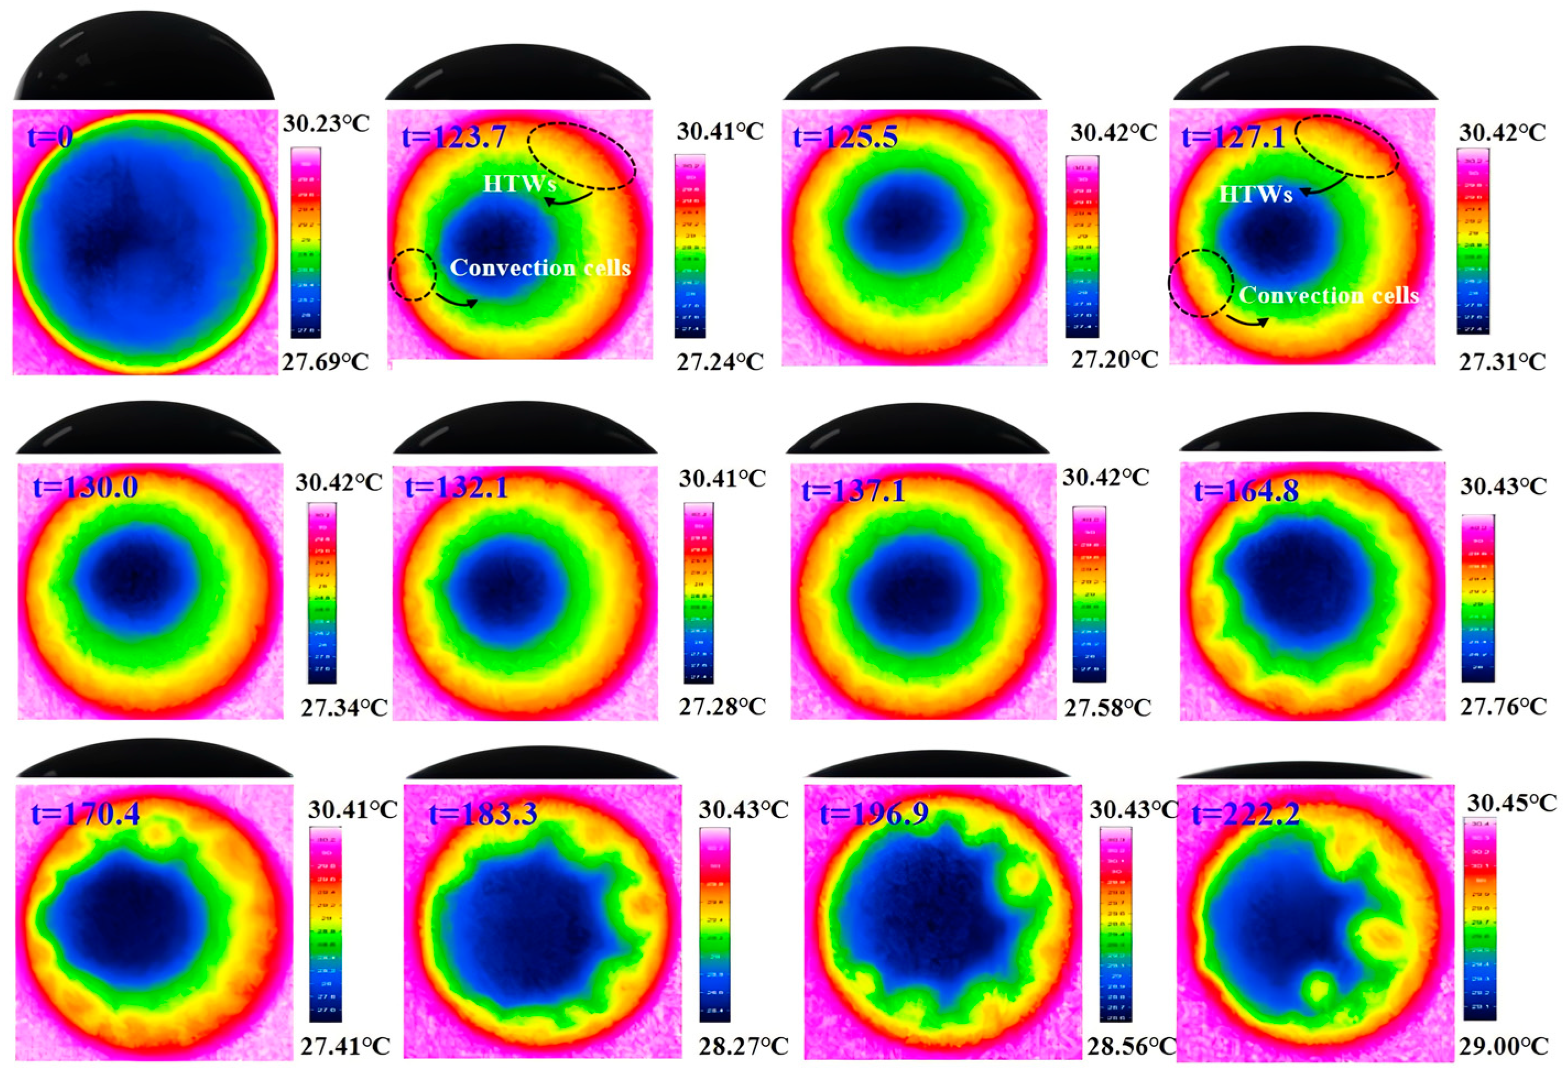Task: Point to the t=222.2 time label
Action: (x=1236, y=815)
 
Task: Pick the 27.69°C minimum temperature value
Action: (x=325, y=363)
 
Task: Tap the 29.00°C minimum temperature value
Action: (x=1503, y=1046)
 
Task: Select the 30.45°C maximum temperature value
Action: (x=1512, y=803)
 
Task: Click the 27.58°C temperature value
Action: (x=1107, y=708)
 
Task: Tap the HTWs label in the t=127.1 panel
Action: (x=1256, y=194)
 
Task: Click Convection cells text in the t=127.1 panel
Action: (x=1329, y=296)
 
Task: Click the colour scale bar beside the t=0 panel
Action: (x=305, y=243)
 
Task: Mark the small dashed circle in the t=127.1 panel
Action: (x=1200, y=282)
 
